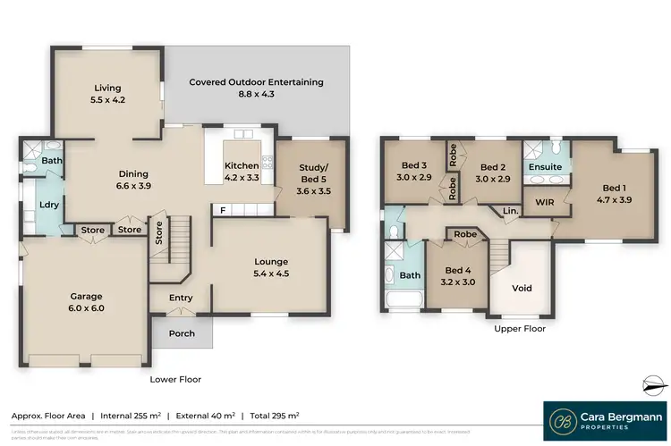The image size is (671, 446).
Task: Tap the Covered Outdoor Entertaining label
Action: click(256, 88)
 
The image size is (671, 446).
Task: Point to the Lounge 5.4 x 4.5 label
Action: click(270, 267)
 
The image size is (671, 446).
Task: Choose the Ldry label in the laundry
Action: click(48, 205)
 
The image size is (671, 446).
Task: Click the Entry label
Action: click(181, 299)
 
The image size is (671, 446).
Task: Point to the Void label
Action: click(522, 289)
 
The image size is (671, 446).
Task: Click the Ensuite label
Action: click(545, 167)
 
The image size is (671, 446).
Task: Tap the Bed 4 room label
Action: click(457, 276)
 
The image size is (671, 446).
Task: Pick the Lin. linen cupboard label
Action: click(510, 211)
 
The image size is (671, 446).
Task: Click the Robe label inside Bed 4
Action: click(464, 234)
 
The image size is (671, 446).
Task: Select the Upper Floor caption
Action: click(519, 328)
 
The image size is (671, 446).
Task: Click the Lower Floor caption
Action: click(175, 379)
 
